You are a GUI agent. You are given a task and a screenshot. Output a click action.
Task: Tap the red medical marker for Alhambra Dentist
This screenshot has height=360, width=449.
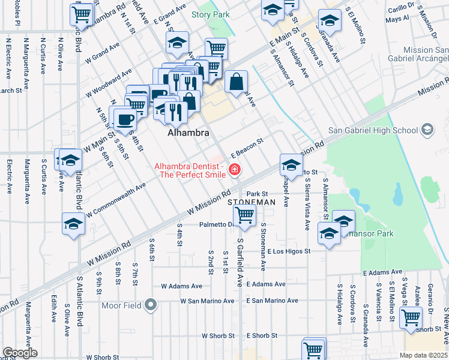click(234, 171)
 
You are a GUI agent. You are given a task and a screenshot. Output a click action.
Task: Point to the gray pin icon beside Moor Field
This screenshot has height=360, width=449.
click(151, 306)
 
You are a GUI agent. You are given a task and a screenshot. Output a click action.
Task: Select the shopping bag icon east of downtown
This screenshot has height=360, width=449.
click(237, 82)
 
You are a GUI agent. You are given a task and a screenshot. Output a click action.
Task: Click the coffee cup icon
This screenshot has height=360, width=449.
click(125, 118)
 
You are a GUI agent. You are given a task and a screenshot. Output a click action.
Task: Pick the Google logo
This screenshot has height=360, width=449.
click(20, 353)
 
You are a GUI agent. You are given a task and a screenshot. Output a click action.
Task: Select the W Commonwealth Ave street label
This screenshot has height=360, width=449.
click(116, 200)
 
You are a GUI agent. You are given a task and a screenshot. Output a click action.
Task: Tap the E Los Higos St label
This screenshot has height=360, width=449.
click(289, 251)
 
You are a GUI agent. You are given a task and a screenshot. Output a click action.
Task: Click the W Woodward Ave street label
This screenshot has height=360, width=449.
click(109, 82)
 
